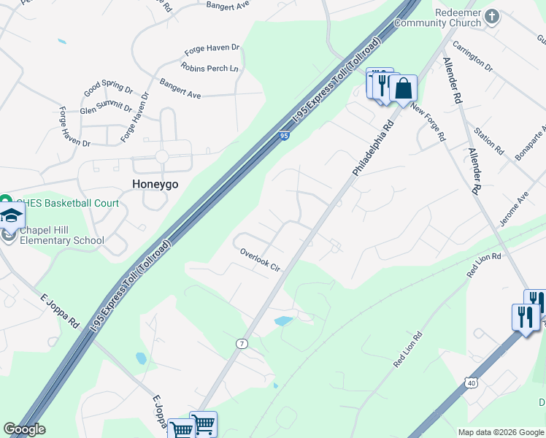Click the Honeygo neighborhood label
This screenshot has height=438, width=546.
(155, 184)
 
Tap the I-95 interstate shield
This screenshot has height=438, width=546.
(285, 135)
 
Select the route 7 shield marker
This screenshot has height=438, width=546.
(242, 343)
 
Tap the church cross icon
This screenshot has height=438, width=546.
(492, 15)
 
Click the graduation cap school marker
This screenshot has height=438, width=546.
(11, 215)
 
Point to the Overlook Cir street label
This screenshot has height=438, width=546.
(261, 260)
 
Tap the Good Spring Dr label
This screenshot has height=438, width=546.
(108, 89)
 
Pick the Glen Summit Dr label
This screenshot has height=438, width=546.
(107, 109)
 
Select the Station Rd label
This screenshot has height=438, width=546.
(489, 141)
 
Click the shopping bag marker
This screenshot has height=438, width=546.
(402, 89)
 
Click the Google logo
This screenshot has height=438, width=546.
(24, 429)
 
